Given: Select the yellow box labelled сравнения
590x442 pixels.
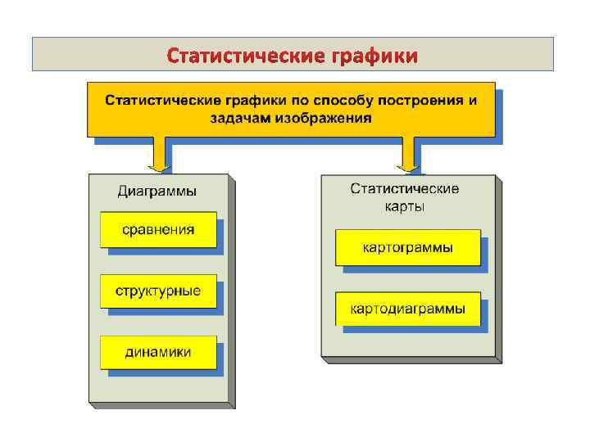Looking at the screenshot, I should click(158, 230).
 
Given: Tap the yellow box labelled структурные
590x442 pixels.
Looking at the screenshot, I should click(158, 291).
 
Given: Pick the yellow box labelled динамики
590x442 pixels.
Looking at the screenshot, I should click(158, 352).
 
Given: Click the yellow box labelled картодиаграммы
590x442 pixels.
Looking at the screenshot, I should click(407, 309).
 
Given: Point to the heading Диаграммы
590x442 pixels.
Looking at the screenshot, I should click(157, 192).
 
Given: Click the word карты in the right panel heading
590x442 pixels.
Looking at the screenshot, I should click(405, 206).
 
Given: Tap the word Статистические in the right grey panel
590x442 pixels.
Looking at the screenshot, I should click(405, 189).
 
